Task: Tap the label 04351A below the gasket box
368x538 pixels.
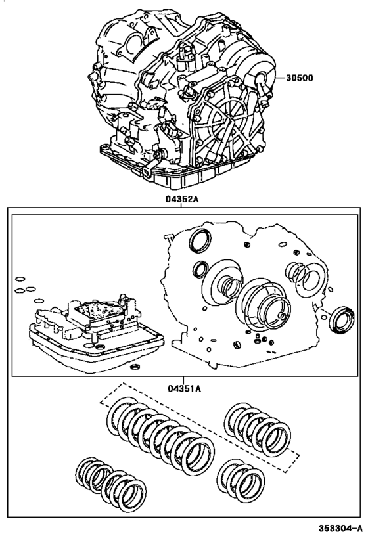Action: [183, 388]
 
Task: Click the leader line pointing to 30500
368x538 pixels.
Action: [273, 78]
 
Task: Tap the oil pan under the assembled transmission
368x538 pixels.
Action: [177, 169]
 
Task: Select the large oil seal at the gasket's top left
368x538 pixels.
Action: [199, 241]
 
